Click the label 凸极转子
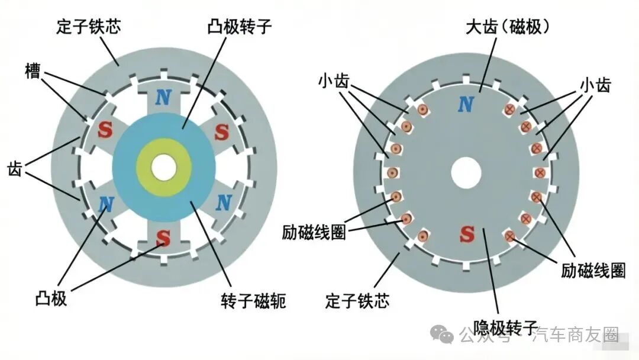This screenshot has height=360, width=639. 240,27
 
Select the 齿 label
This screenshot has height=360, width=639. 15,169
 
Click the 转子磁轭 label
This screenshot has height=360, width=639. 253,300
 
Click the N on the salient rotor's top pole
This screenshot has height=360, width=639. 163,97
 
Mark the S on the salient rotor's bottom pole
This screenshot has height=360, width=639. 163,237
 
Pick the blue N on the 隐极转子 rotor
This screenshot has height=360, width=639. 466,104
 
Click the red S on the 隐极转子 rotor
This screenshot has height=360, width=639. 467,234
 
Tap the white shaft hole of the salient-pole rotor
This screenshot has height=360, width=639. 164,167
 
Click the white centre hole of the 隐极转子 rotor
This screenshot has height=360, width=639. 466,172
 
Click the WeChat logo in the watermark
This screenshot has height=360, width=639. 442,334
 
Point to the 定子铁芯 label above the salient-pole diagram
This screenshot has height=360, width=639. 88,27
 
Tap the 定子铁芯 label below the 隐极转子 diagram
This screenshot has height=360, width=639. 357,300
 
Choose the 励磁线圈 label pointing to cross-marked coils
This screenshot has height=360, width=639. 593,270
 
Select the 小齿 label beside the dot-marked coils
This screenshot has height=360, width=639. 334,81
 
